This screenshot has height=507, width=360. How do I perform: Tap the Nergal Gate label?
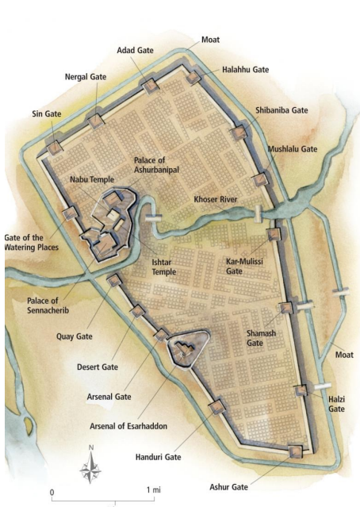[85, 77]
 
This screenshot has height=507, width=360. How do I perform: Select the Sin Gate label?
[47, 114]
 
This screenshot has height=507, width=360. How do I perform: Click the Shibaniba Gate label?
[281, 110]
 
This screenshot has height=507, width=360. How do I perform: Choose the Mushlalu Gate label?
[292, 148]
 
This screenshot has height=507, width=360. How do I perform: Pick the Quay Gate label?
[74, 336]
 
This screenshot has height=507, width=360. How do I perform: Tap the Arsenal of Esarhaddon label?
[128, 426]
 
